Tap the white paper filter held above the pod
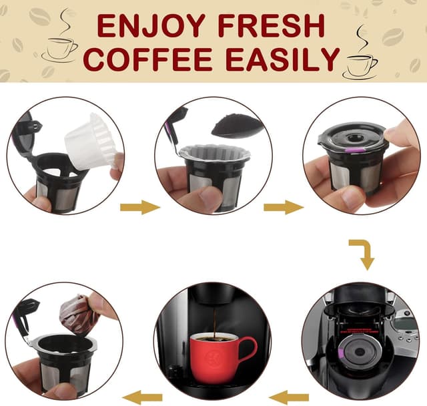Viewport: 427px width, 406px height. point(90,140)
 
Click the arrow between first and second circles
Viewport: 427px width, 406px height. point(139,207)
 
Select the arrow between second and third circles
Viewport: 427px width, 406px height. point(284,207)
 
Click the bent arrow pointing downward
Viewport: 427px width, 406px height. point(362,254)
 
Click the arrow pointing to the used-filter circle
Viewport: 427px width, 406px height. point(141,395)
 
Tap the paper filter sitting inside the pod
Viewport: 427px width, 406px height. point(214,152)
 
